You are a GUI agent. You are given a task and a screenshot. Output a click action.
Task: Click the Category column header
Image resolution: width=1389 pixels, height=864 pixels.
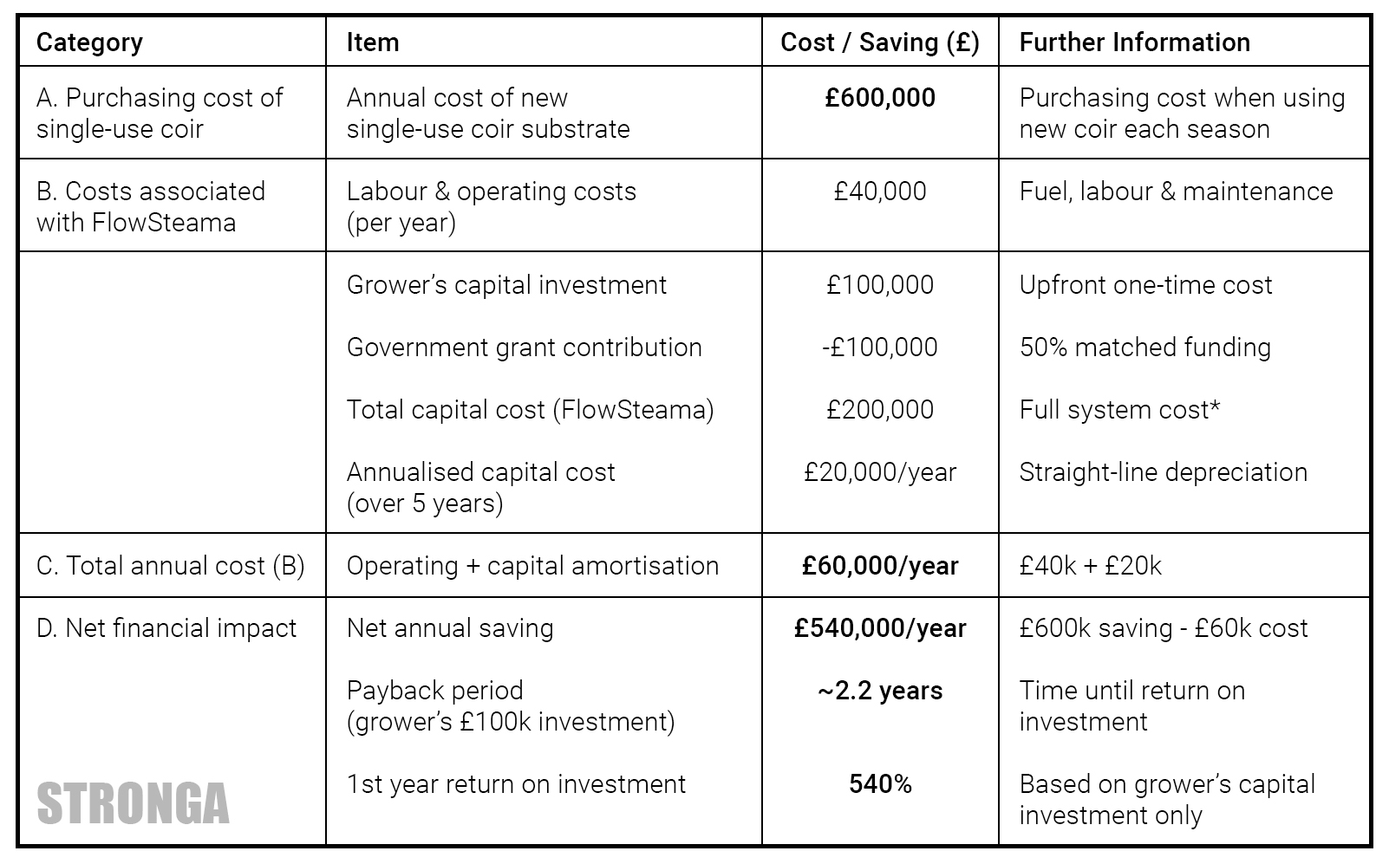(x=89, y=42)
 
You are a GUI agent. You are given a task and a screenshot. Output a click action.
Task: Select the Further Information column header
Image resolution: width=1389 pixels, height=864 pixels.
(x=1134, y=42)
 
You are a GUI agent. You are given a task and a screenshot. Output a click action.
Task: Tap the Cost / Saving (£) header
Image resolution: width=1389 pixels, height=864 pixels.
(x=879, y=42)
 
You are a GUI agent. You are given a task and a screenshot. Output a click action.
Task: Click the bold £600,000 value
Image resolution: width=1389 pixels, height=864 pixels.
(x=880, y=98)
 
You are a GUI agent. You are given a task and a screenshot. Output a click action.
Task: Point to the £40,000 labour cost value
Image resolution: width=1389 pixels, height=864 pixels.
(x=880, y=192)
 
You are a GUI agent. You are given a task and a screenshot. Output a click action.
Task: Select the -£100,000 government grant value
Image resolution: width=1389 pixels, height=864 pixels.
(x=880, y=348)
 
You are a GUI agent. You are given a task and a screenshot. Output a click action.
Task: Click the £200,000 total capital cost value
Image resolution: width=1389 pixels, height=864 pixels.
(x=880, y=410)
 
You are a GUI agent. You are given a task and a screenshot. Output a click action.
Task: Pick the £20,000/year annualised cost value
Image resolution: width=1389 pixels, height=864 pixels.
(x=880, y=472)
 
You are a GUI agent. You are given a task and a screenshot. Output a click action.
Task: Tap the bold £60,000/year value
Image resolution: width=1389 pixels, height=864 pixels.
(x=880, y=566)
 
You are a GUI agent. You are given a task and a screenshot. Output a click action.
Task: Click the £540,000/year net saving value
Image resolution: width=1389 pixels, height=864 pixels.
(x=880, y=628)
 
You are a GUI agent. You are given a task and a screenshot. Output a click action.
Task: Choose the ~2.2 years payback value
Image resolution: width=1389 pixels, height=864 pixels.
(x=880, y=691)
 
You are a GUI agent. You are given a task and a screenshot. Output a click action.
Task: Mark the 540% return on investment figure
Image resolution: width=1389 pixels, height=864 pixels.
(x=880, y=784)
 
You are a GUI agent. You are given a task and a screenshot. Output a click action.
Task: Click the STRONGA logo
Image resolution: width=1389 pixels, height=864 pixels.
(x=133, y=803)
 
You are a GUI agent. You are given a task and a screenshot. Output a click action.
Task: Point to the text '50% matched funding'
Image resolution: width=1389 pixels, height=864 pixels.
(x=1144, y=348)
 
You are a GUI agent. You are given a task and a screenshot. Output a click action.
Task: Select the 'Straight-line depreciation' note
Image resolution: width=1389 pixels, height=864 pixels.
(x=1163, y=472)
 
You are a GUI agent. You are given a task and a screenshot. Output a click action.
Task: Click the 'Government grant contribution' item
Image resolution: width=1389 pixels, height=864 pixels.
(x=524, y=348)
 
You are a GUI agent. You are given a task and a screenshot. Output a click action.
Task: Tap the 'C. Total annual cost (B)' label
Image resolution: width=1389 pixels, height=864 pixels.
(x=170, y=566)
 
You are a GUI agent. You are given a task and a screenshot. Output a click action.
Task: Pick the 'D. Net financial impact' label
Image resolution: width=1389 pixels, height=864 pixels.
(x=166, y=628)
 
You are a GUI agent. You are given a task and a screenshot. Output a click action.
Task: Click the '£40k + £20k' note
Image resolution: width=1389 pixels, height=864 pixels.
(x=1090, y=566)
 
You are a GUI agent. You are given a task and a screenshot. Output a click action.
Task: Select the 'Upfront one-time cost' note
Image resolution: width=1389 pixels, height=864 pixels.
(x=1145, y=285)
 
